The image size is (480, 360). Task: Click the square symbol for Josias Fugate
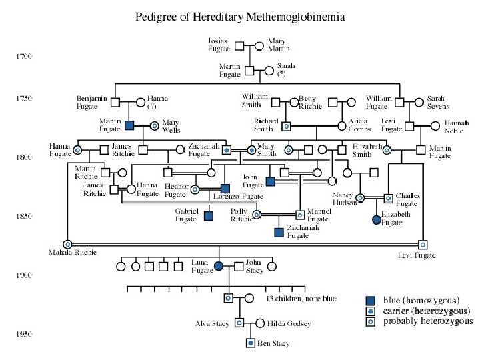(x=243, y=46)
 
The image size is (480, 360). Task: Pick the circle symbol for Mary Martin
(x=261, y=46)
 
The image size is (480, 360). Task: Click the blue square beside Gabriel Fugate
(x=209, y=215)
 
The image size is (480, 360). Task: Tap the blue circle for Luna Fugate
(x=219, y=267)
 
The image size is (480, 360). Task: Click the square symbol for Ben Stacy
(x=251, y=343)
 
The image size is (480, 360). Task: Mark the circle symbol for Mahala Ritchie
(x=67, y=244)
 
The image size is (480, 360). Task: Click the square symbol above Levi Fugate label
(x=422, y=244)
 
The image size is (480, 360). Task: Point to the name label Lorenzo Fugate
(x=238, y=197)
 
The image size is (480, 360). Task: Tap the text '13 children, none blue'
(x=301, y=298)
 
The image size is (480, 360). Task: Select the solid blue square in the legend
(x=371, y=299)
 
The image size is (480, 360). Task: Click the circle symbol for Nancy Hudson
(x=359, y=197)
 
